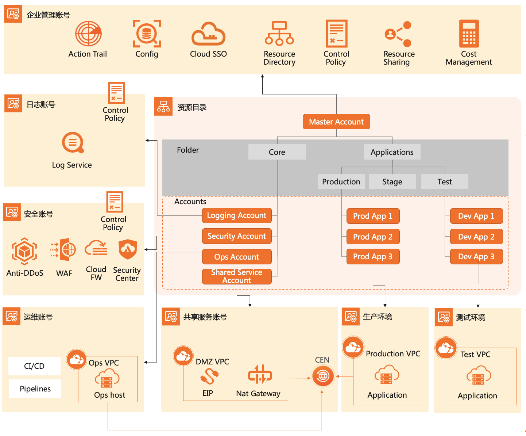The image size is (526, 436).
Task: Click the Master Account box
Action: tap(336, 122)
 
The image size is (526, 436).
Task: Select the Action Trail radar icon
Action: tap(88, 34)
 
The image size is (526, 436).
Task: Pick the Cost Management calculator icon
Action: tap(469, 34)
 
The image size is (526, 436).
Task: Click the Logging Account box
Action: tap(237, 215)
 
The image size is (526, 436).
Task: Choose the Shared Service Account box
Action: tap(237, 276)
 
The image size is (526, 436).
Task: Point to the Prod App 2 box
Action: tap(373, 237)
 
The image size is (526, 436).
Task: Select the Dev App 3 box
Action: tap(476, 257)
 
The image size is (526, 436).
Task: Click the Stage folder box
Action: tap(392, 181)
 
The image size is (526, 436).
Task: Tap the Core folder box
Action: tap(277, 152)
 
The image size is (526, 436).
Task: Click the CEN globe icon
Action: tap(323, 376)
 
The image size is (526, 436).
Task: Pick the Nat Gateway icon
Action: tap(260, 375)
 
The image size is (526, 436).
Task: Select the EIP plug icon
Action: tap(209, 376)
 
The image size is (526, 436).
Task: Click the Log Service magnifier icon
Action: tap(73, 142)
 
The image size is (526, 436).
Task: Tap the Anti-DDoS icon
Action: tap(24, 251)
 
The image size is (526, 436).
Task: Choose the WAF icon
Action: tap(63, 250)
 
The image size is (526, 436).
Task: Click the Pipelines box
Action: tap(35, 389)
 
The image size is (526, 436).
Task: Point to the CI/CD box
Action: tap(34, 366)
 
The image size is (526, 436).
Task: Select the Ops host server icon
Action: tap(107, 379)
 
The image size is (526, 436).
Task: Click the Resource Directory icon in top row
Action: tap(279, 34)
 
